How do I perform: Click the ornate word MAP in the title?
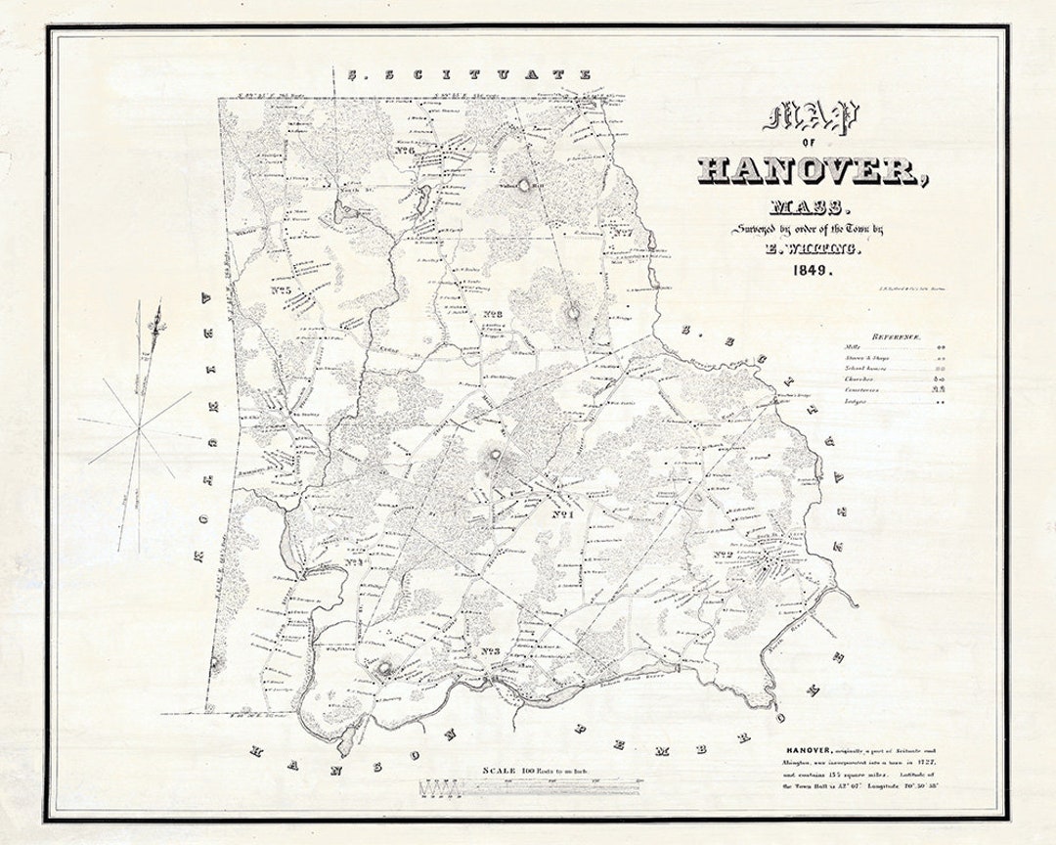810,118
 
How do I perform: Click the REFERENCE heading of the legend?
897,336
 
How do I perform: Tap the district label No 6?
407,152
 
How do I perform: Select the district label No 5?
284,289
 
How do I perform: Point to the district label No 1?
561,515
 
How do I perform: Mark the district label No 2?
724,556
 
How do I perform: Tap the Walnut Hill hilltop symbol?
523,183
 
